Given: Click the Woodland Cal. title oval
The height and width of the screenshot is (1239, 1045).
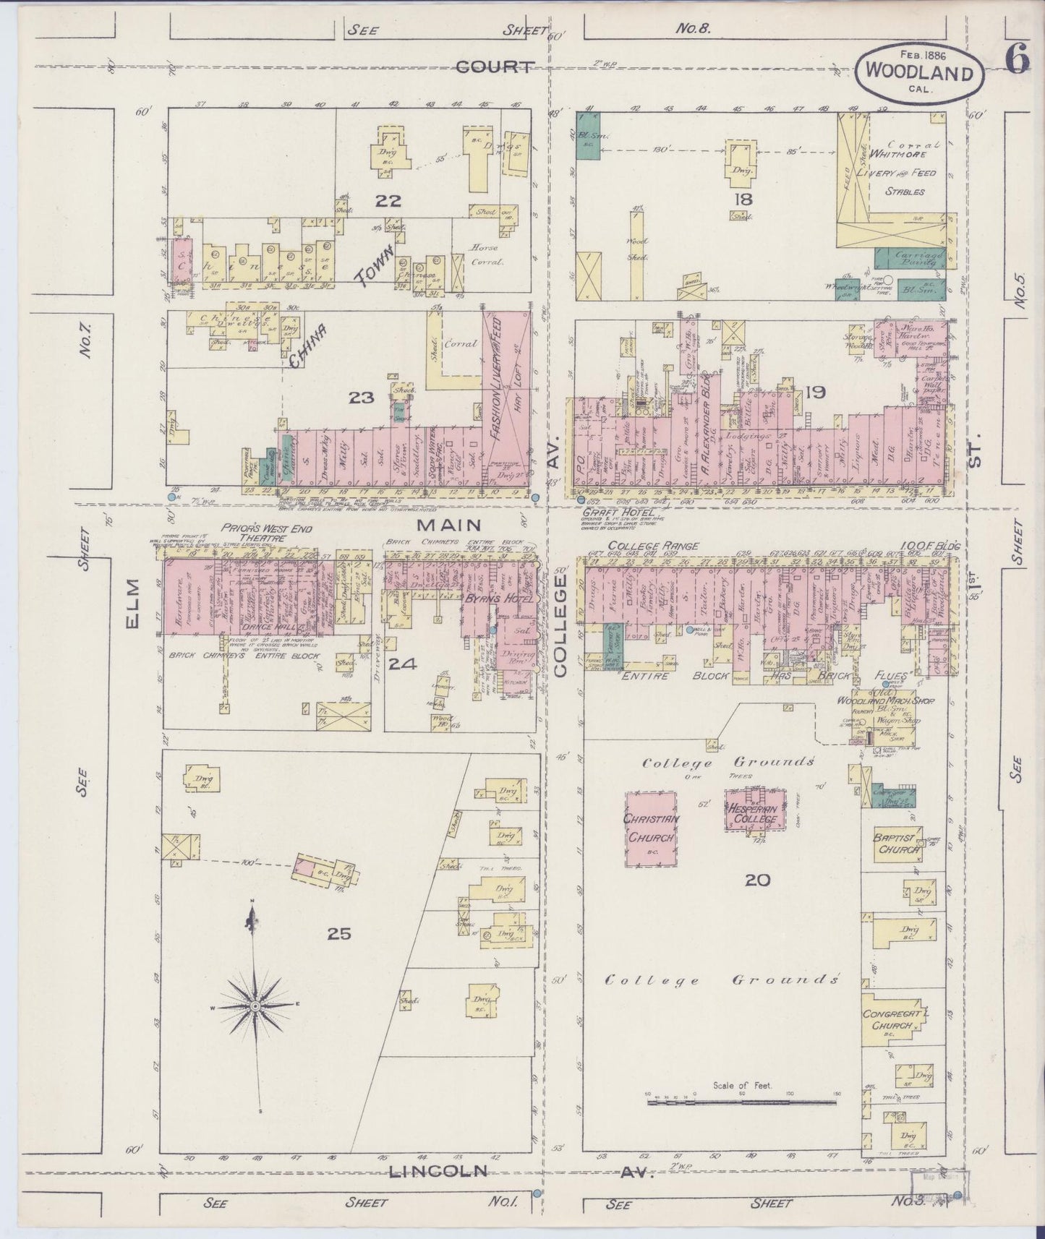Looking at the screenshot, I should (x=919, y=72).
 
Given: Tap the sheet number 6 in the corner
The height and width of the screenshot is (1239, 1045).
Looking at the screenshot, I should (x=1016, y=61).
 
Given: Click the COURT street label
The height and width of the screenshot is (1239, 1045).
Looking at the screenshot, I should (x=495, y=67).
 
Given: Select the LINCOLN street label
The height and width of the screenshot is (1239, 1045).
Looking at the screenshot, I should (x=438, y=1170).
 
